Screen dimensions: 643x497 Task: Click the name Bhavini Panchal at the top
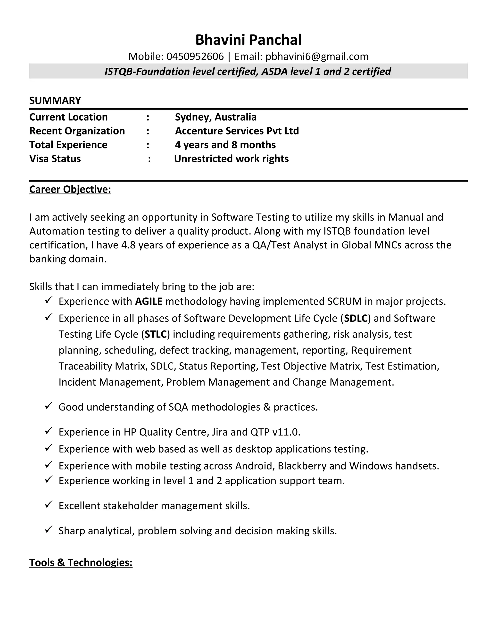point(248,40)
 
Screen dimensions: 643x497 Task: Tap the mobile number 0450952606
point(195,57)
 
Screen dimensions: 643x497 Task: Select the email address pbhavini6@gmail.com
point(317,57)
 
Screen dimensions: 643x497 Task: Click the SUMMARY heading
point(55,101)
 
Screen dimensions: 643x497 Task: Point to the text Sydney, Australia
point(215,117)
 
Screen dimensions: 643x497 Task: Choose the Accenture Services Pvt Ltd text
point(237,131)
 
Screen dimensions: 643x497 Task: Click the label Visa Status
point(55,159)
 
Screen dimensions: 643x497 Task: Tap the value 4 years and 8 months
point(225,145)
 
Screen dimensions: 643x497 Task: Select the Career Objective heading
point(70,189)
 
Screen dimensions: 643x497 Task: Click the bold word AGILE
point(149,301)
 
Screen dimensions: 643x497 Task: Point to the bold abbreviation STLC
point(156,334)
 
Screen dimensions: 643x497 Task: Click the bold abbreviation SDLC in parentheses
point(356,318)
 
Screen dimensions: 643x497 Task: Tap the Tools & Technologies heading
point(81,562)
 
